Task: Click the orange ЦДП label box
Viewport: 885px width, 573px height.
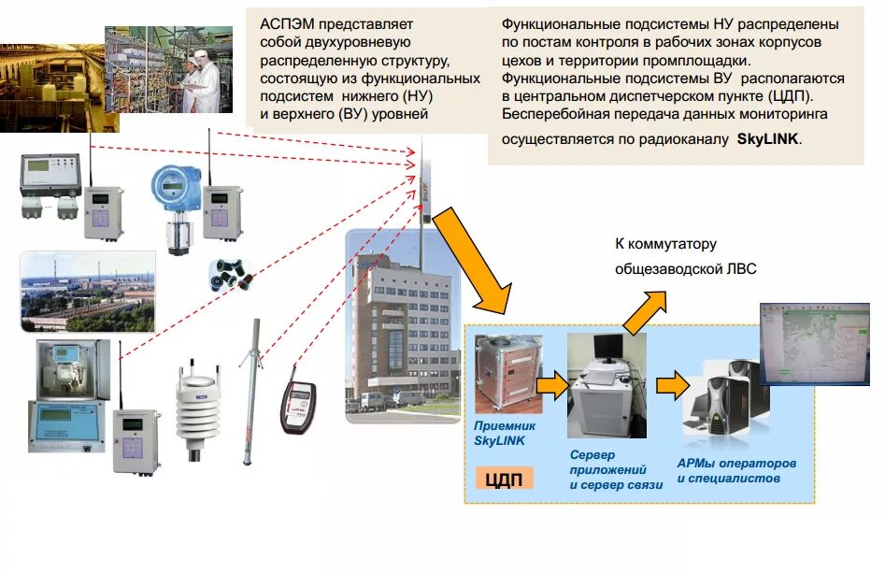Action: tap(504, 480)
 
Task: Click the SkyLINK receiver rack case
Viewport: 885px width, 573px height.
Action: tap(506, 374)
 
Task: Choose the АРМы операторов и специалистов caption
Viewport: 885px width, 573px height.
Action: tap(735, 471)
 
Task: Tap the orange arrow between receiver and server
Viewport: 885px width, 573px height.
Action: tap(552, 382)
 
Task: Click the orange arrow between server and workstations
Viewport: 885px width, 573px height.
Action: tap(673, 383)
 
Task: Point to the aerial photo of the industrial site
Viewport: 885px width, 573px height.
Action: tap(87, 291)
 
